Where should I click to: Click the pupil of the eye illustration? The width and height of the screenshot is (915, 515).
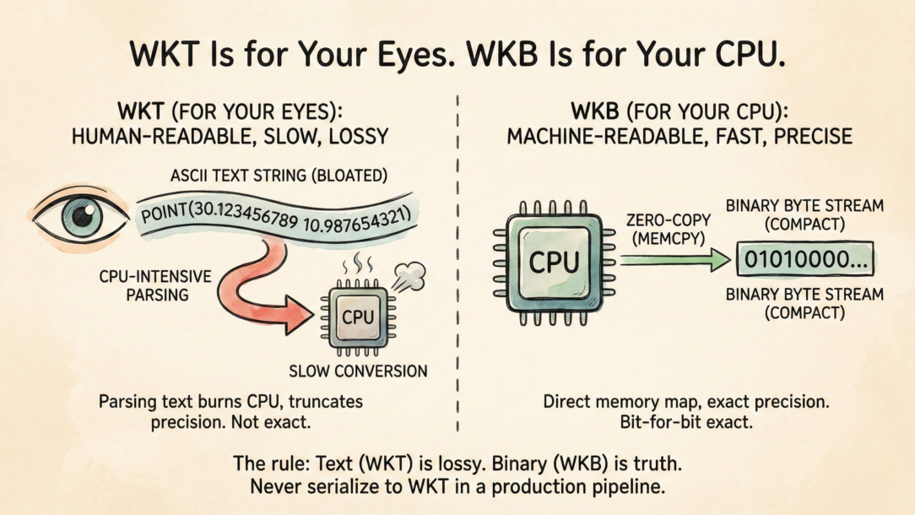pyautogui.click(x=83, y=217)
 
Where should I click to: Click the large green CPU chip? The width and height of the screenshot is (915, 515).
pyautogui.click(x=554, y=261)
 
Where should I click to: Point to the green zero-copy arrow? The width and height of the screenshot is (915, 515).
pyautogui.click(x=674, y=261)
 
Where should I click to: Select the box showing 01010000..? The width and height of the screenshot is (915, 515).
pyautogui.click(x=804, y=261)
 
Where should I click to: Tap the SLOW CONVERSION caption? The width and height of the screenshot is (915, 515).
pyautogui.click(x=358, y=371)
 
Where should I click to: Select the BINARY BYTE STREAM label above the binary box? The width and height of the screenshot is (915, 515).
pyautogui.click(x=804, y=215)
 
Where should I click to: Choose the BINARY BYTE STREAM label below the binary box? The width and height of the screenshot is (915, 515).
pyautogui.click(x=804, y=304)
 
